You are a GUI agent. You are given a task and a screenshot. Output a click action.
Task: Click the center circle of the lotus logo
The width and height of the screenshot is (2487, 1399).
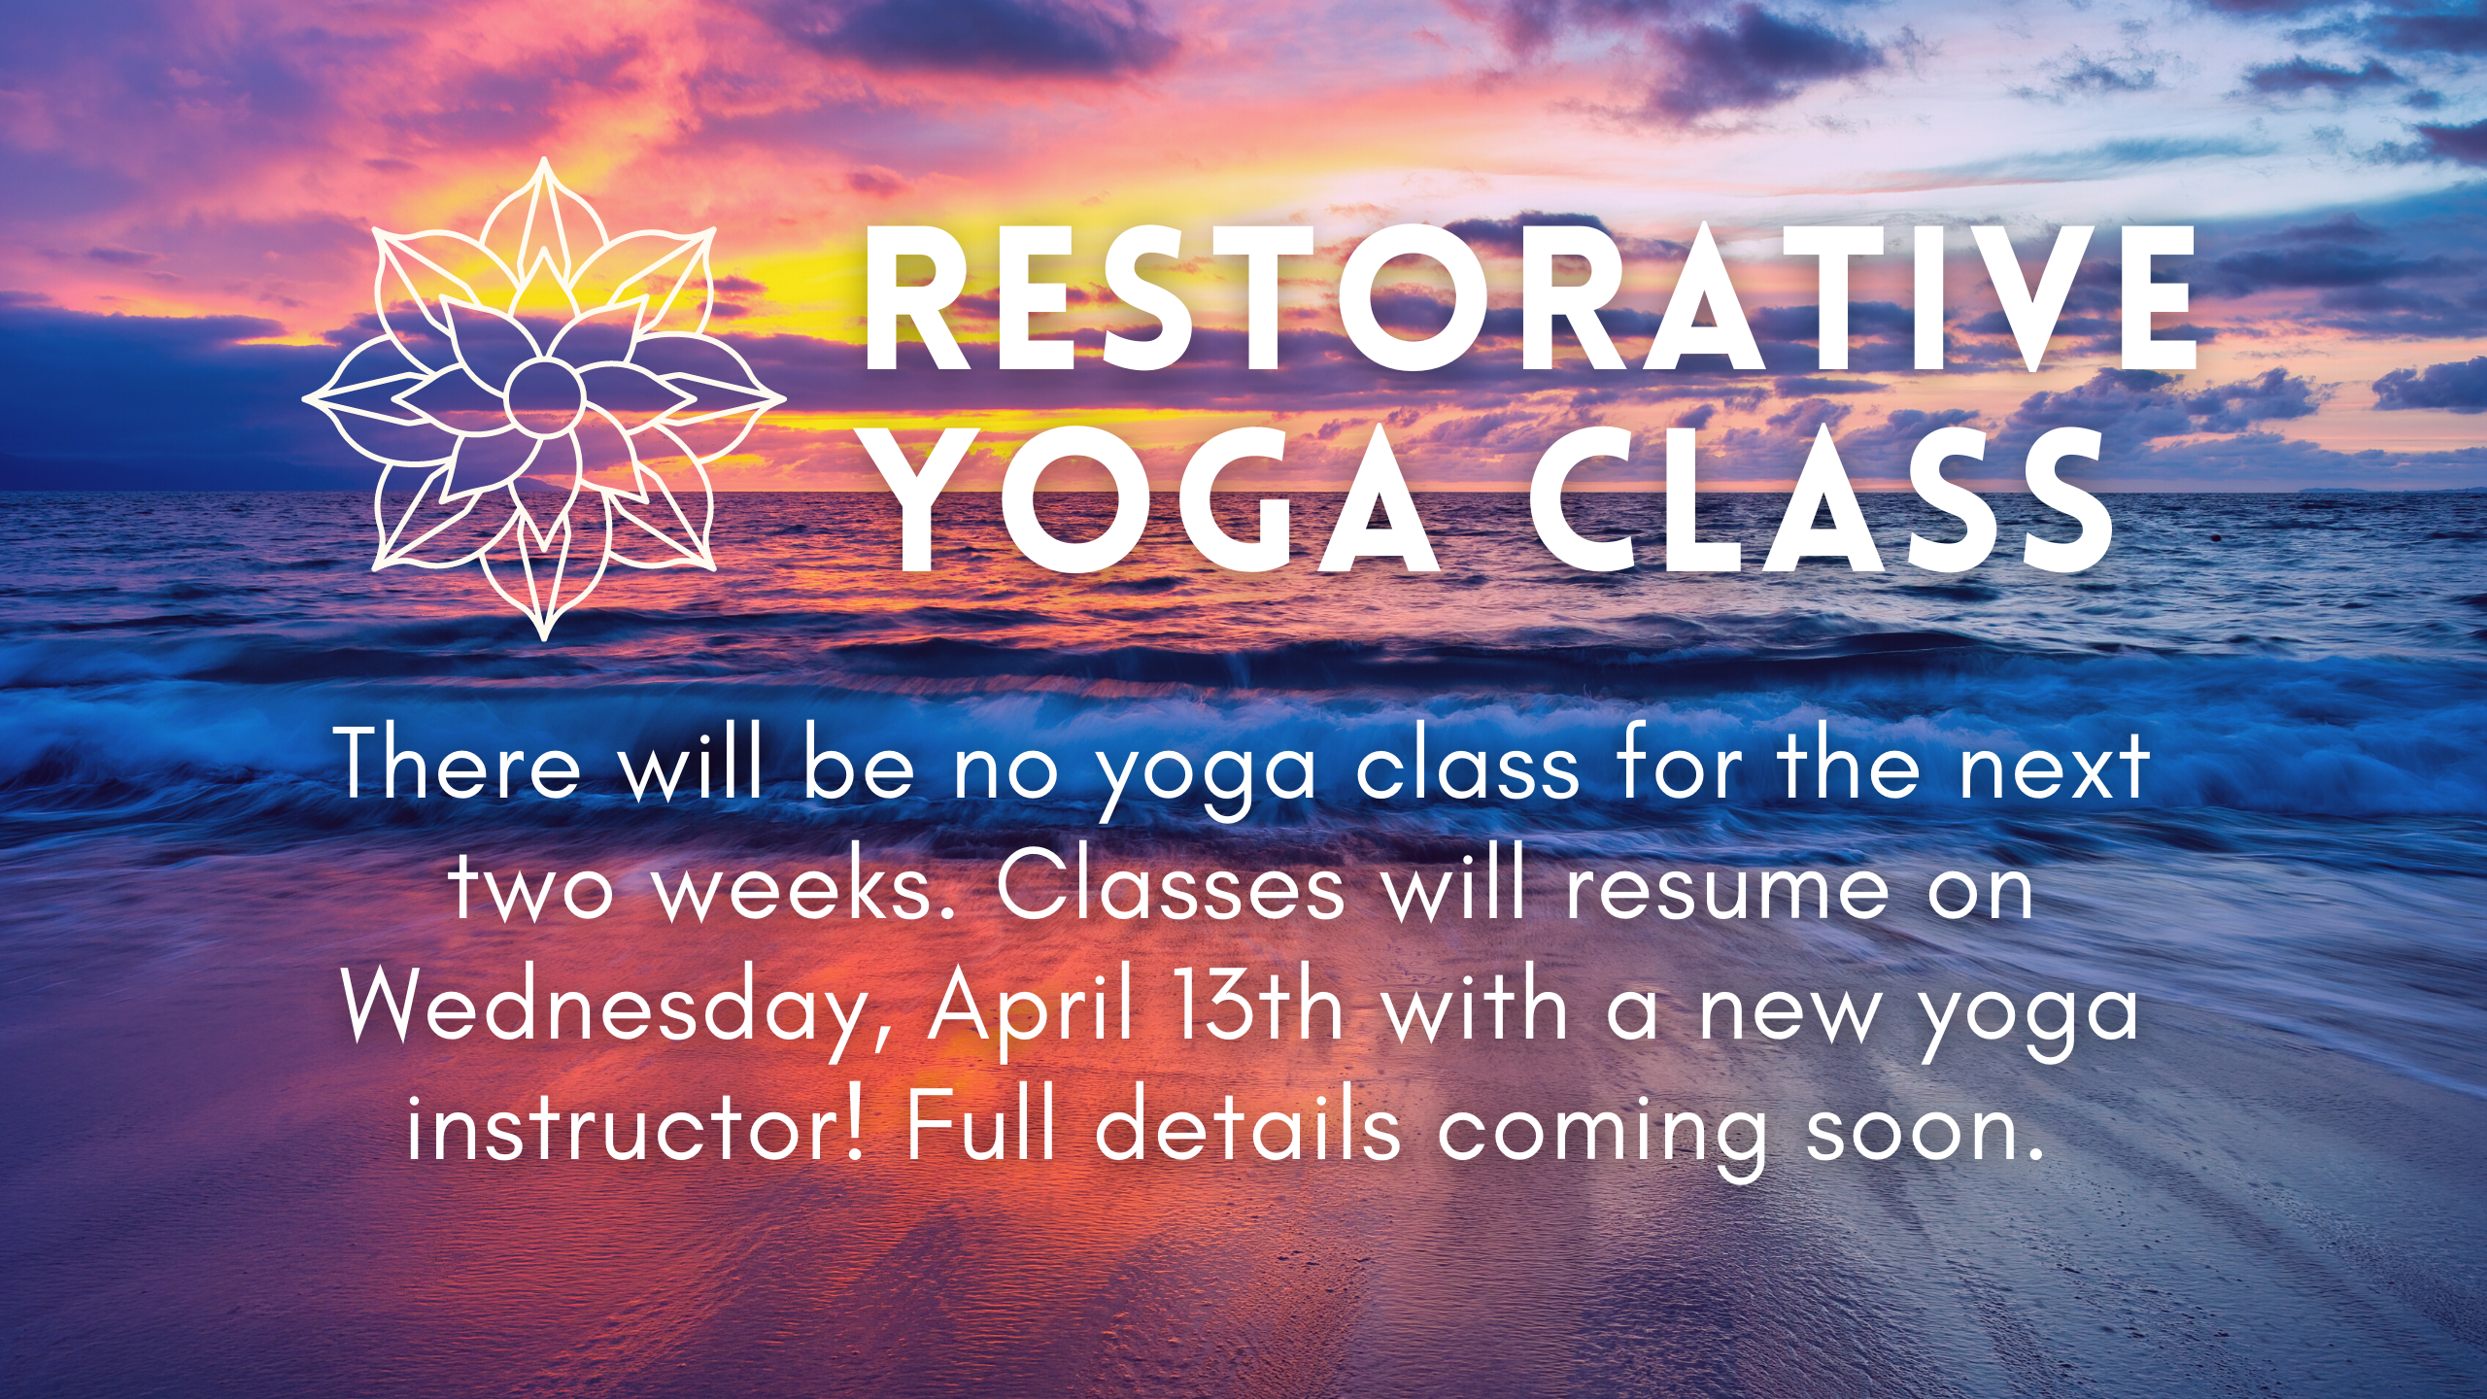(x=544, y=397)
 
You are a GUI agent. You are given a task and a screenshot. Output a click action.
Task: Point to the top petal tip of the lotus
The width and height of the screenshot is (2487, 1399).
(x=544, y=159)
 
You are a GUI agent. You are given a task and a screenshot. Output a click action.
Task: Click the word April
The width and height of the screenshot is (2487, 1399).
(x=1030, y=1009)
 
